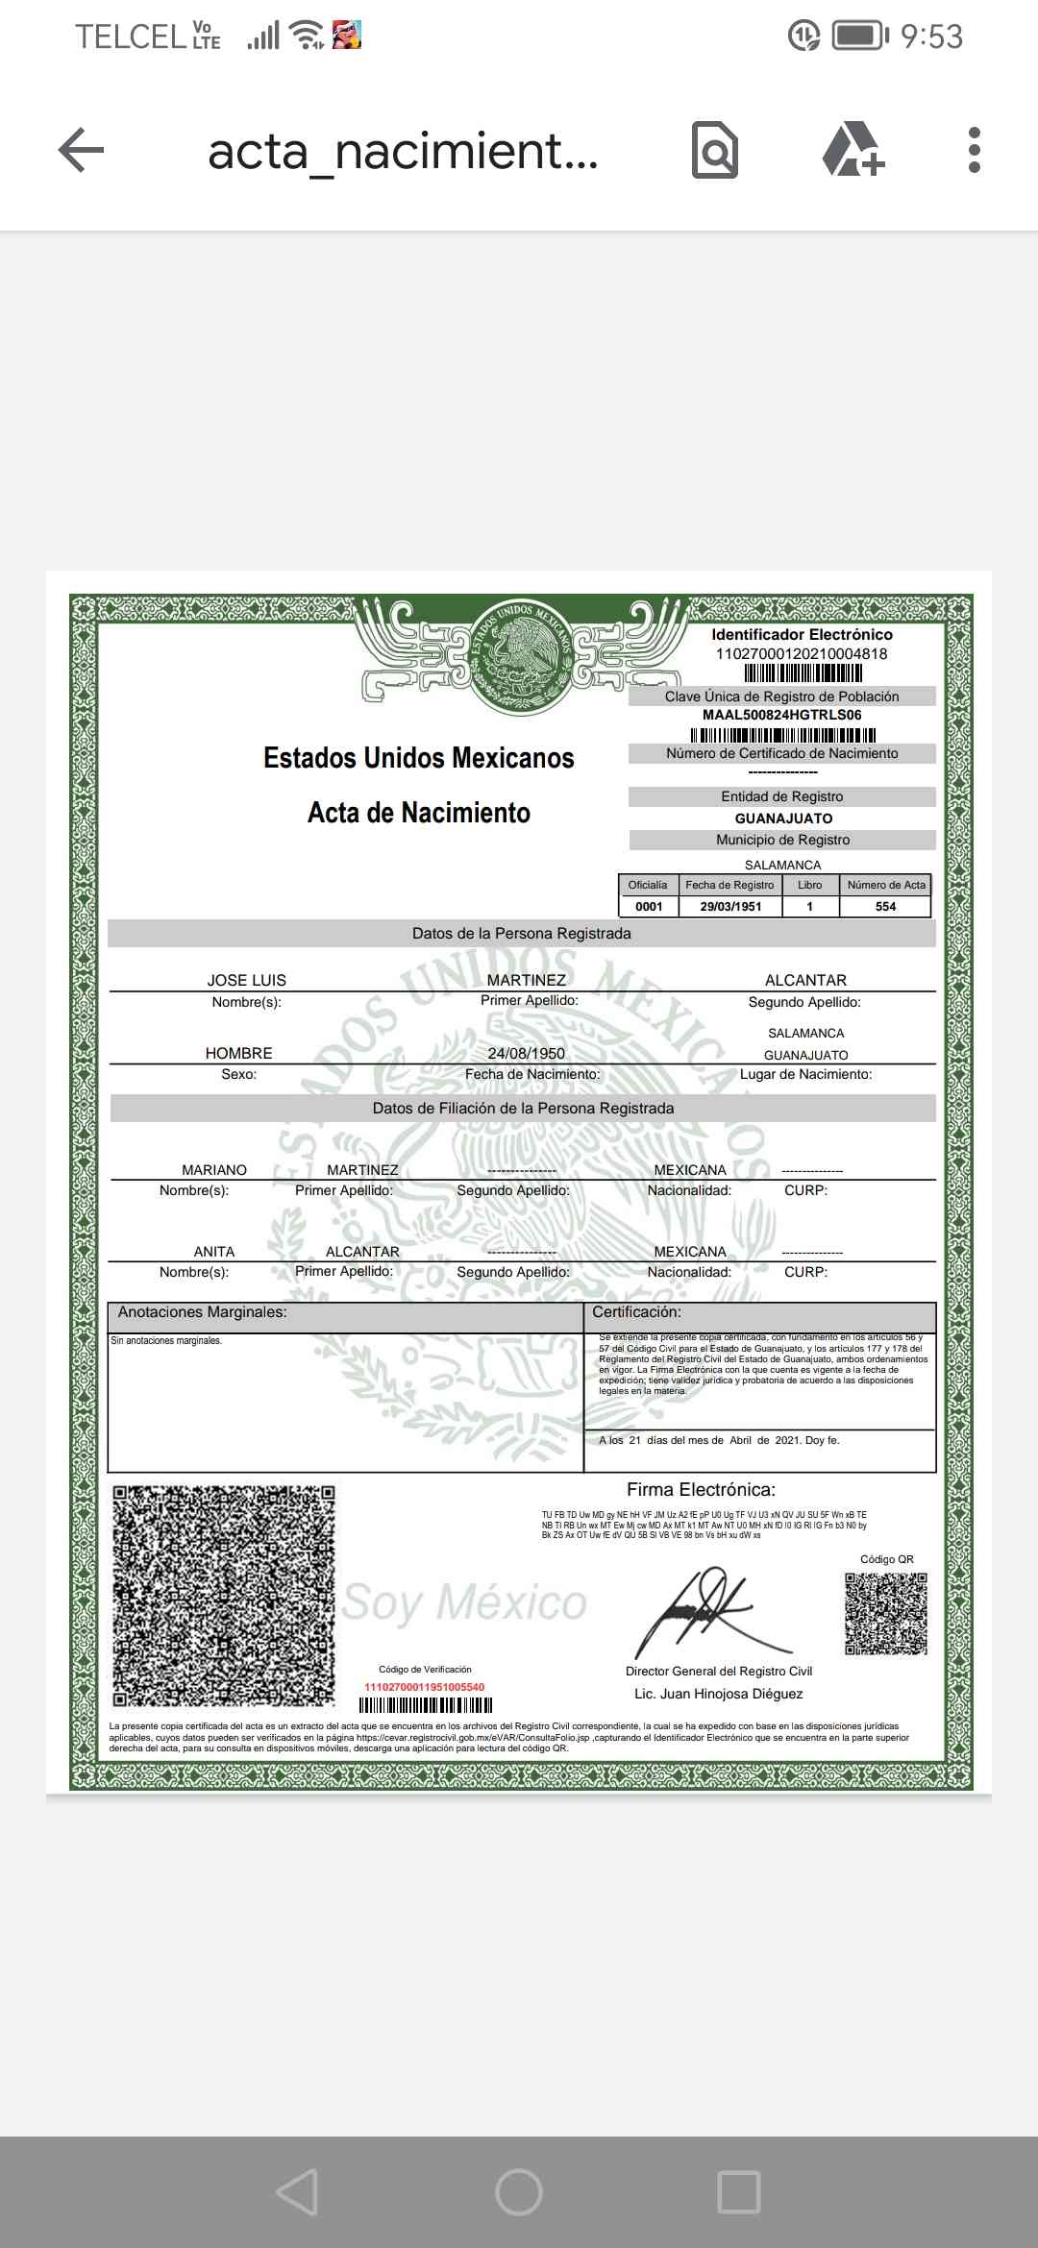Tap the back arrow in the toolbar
(x=81, y=150)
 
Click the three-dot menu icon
(x=974, y=150)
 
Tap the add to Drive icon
(x=853, y=150)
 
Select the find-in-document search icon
(x=715, y=150)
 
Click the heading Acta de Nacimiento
(x=418, y=813)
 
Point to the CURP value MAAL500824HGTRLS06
(x=781, y=715)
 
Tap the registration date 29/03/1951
(x=730, y=906)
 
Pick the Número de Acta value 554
(x=885, y=906)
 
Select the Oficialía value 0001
(x=649, y=906)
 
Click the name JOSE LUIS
(x=247, y=980)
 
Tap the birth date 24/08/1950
(x=526, y=1053)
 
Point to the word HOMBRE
(x=238, y=1053)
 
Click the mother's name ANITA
(x=213, y=1252)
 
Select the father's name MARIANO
(x=213, y=1170)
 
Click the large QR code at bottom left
(x=224, y=1596)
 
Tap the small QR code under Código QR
(x=886, y=1614)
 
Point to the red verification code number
(x=424, y=1687)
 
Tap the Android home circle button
(x=519, y=2192)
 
